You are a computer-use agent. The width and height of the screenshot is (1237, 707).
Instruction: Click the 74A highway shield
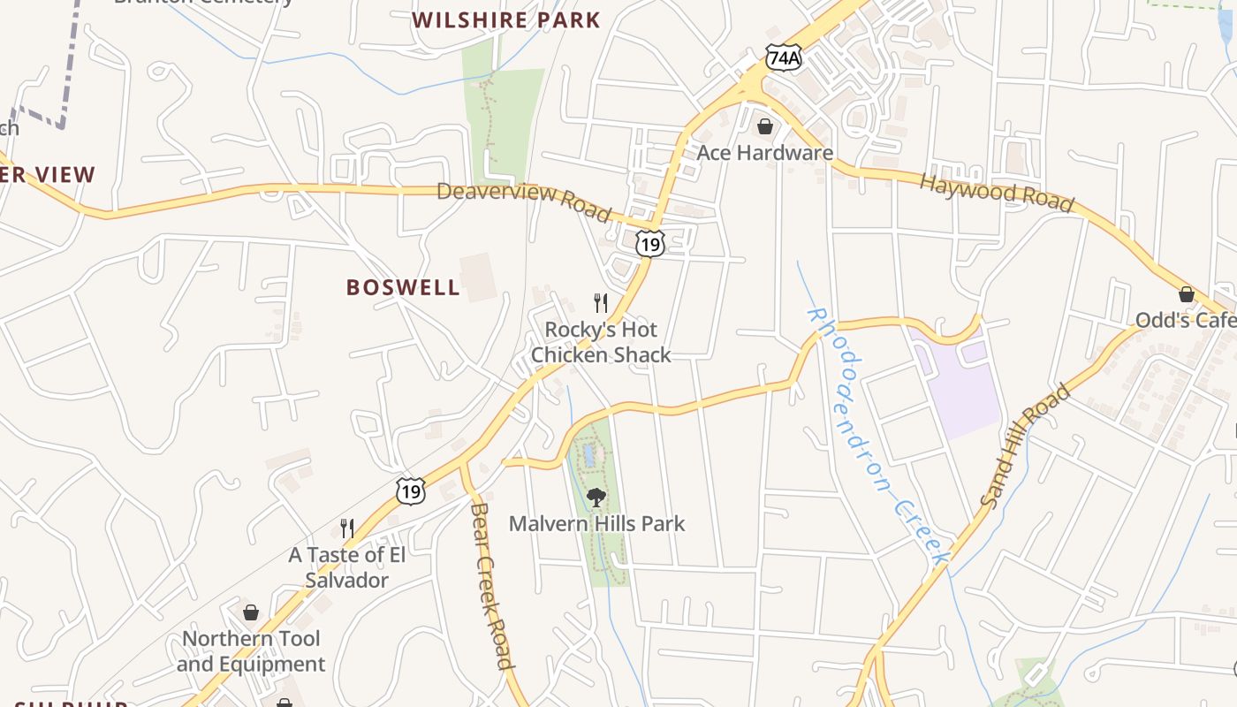point(784,58)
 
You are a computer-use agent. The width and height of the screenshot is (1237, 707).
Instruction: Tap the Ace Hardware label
point(764,153)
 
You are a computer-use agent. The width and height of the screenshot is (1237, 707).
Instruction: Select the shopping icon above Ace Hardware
point(765,126)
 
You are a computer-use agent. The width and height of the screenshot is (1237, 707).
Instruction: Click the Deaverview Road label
point(524,201)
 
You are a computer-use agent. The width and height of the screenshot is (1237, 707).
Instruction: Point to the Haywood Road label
point(997,193)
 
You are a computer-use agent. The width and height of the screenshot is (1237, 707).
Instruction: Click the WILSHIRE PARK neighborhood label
point(506,19)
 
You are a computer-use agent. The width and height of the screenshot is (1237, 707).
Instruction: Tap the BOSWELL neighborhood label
point(403,287)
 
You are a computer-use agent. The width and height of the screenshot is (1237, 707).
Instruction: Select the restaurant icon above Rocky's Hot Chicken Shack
point(601,303)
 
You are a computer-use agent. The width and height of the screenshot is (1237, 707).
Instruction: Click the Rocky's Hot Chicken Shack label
point(601,342)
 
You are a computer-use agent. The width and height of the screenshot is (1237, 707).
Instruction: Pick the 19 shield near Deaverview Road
point(650,244)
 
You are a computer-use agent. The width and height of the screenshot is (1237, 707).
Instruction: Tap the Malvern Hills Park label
point(596,523)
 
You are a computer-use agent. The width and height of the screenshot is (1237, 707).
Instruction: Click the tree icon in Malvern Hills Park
point(596,497)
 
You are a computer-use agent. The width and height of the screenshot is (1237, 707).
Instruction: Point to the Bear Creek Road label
point(491,585)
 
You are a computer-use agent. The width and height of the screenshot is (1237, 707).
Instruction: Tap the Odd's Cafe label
point(1185,320)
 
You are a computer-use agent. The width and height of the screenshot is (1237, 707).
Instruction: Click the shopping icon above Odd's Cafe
point(1186,293)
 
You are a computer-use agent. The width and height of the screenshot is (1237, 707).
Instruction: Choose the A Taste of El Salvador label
point(347,567)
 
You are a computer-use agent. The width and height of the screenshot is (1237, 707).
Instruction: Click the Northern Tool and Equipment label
point(251,651)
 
